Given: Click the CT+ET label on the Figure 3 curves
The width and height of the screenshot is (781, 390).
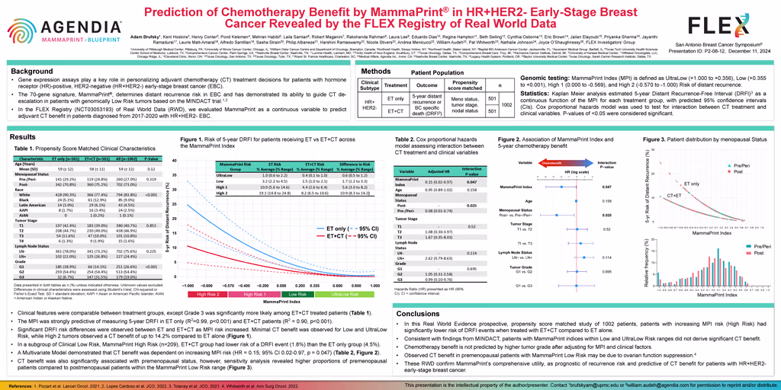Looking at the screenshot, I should (x=674, y=196).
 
